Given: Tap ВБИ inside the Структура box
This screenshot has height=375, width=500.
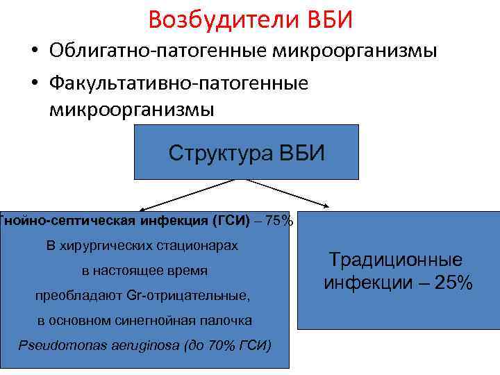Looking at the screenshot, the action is [x=301, y=152].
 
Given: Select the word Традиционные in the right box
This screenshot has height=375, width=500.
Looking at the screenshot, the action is [x=395, y=260].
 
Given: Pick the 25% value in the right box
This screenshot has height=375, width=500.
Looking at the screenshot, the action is [x=453, y=283].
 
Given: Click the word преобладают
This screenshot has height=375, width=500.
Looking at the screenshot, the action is [x=79, y=296].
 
